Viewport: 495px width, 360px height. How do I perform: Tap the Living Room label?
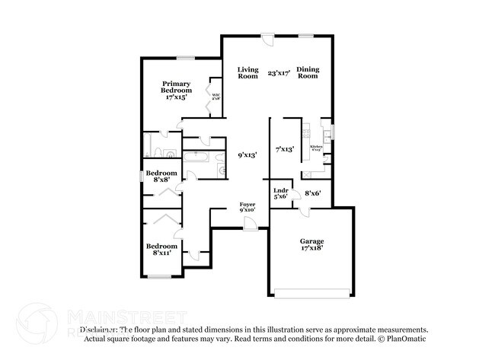(x=247, y=72)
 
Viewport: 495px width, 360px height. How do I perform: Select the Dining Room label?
(x=307, y=72)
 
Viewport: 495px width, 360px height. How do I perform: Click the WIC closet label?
(x=216, y=97)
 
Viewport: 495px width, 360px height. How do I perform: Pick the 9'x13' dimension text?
(x=246, y=154)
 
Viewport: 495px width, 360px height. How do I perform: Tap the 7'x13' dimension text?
(x=285, y=149)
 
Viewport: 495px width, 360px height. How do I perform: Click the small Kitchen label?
(x=315, y=148)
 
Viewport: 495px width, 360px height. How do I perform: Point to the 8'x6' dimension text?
(x=313, y=193)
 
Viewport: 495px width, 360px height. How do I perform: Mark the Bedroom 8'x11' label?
(x=161, y=250)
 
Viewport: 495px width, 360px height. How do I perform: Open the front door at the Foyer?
(x=249, y=223)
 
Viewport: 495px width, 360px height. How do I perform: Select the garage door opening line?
(x=311, y=293)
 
